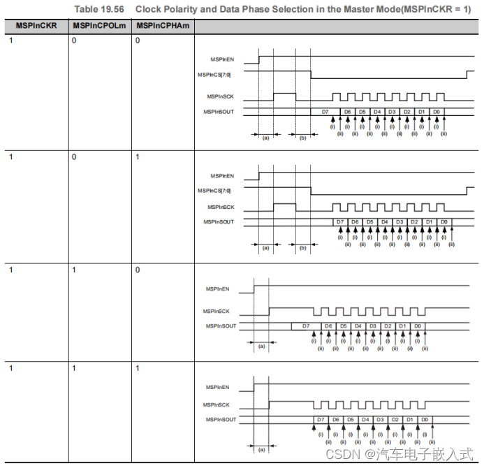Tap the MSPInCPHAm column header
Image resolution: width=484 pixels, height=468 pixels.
[x=163, y=26]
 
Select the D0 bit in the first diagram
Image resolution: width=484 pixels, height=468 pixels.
[x=436, y=112]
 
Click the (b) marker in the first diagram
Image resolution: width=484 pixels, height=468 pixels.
[x=302, y=138]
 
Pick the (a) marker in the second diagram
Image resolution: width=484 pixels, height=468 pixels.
[x=265, y=247]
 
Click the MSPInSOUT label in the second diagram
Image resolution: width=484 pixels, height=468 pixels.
[x=219, y=221]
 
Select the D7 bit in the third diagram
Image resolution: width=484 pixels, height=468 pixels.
[x=305, y=326]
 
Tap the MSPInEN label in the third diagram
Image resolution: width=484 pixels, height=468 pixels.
[x=219, y=288]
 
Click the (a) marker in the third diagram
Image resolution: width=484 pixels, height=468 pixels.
[x=262, y=345]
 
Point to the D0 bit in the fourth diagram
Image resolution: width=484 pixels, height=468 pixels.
[x=425, y=420]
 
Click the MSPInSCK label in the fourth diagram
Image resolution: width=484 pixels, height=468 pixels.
[x=219, y=404]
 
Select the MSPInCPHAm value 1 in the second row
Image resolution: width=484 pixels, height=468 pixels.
[x=138, y=157]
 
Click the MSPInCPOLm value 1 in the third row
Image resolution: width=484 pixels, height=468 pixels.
[x=75, y=270]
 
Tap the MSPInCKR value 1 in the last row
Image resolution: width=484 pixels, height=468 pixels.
[x=11, y=367]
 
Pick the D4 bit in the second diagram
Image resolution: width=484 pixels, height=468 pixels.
[x=385, y=222]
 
